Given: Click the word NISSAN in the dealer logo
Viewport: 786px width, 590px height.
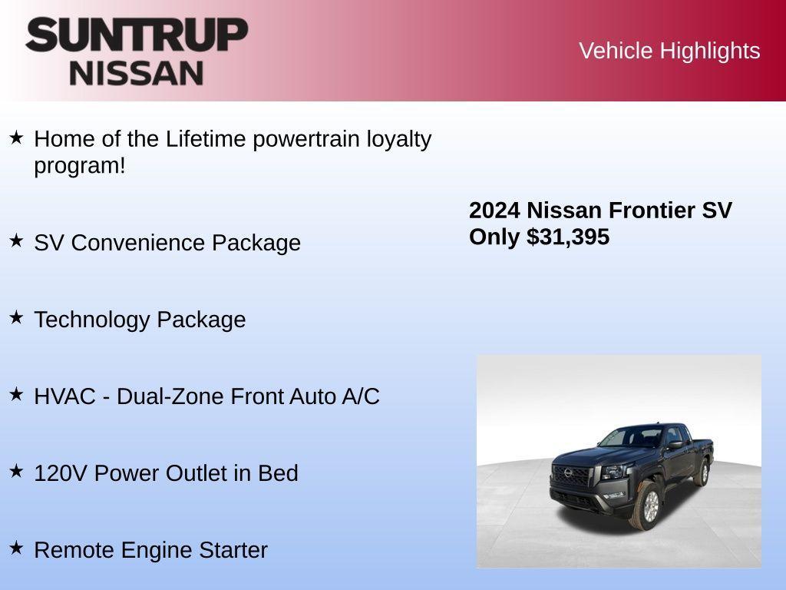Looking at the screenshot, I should pyautogui.click(x=137, y=73).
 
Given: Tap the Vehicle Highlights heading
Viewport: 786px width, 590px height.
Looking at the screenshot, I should pyautogui.click(x=669, y=51).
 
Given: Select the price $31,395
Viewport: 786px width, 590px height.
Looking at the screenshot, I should pyautogui.click(x=568, y=237).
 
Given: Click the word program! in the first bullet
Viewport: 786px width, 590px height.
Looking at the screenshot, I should pyautogui.click(x=80, y=166).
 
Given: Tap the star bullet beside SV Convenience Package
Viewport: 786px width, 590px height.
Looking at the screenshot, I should pyautogui.click(x=16, y=240).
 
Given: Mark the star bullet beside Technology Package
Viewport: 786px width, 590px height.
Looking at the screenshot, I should pyautogui.click(x=16, y=317).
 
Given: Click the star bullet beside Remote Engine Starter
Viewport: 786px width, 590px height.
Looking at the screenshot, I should pyautogui.click(x=16, y=548).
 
